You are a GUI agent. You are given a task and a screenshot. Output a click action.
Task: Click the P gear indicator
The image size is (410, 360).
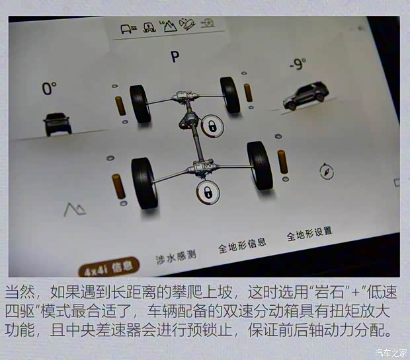pos(175,57)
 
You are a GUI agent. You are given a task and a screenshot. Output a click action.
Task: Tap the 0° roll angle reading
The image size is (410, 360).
pos(50,89)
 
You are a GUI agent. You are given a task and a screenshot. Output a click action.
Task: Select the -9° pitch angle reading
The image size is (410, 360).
pos(297,65)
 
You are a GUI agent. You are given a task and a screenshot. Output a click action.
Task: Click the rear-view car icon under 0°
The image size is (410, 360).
pos(58,124)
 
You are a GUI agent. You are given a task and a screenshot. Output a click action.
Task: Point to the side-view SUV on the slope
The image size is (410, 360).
pos(305,96)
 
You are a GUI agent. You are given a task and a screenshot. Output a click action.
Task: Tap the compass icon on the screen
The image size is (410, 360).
pos(326,172)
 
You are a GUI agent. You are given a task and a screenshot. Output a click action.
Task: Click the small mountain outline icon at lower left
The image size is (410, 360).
pos(75,210)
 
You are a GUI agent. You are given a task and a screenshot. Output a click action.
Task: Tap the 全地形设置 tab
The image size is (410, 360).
pos(309,233)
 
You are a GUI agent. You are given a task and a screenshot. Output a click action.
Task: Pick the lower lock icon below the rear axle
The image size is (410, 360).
pos(208,193)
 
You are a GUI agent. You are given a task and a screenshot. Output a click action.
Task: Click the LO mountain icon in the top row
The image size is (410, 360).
pos(169,26)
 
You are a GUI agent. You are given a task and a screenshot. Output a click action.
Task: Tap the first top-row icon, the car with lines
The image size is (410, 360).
pos(127,28)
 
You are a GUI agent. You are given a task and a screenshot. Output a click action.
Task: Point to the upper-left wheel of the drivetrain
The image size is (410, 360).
pos(140,104)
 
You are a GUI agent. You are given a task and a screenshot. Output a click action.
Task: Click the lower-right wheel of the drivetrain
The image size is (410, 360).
pos(259,166)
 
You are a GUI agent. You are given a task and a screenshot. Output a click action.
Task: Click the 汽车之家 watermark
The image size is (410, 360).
pos(392,351)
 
